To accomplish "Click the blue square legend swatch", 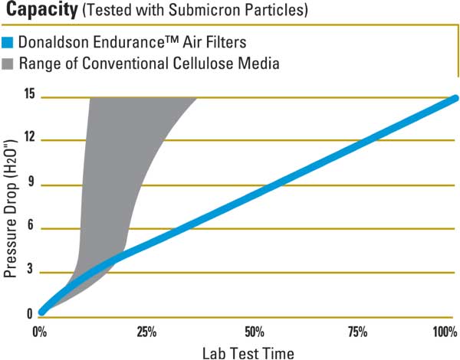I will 9,43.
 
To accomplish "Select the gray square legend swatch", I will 9,63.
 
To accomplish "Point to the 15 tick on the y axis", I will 29,95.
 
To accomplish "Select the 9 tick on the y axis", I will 31,184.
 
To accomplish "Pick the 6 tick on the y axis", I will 31,227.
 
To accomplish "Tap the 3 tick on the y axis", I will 31,272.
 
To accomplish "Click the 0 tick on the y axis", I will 31,314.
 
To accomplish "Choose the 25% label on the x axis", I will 146,332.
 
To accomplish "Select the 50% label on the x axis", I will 255,332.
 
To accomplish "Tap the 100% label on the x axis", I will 445,332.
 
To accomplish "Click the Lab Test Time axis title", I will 248,353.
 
